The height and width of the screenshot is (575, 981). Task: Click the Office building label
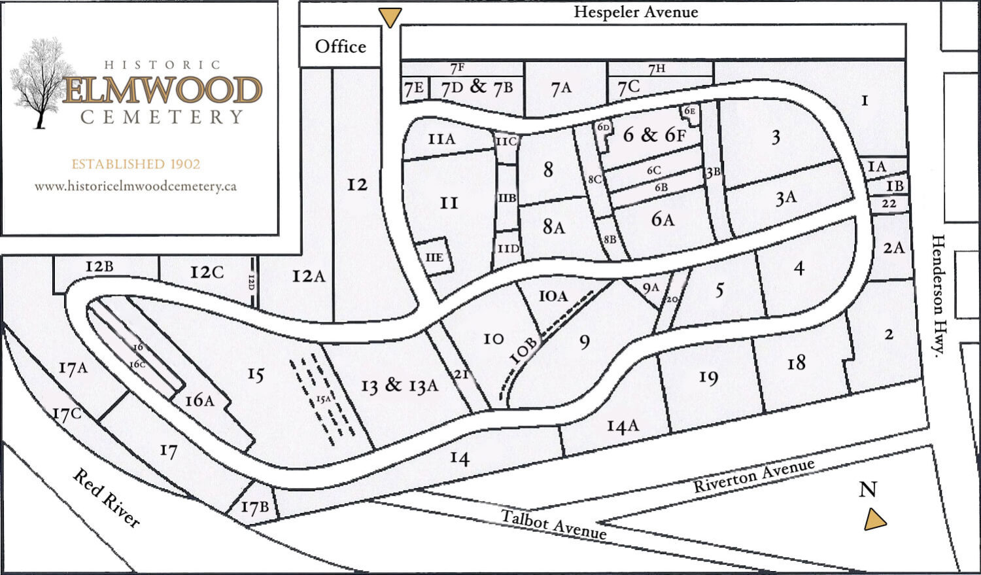pyautogui.click(x=340, y=46)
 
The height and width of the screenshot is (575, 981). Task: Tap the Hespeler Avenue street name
pyautogui.click(x=636, y=12)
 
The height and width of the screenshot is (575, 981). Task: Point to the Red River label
pyautogui.click(x=106, y=498)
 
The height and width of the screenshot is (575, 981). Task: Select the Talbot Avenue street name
pyautogui.click(x=553, y=524)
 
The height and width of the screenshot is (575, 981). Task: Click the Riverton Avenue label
pyautogui.click(x=753, y=476)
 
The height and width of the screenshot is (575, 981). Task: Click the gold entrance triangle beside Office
pyautogui.click(x=390, y=17)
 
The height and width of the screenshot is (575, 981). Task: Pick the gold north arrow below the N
pyautogui.click(x=874, y=520)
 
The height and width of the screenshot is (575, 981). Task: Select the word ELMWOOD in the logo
pyautogui.click(x=163, y=90)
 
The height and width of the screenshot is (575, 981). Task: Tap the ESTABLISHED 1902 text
pyautogui.click(x=135, y=164)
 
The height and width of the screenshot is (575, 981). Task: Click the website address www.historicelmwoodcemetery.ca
pyautogui.click(x=135, y=186)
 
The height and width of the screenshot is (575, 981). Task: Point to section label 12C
pyautogui.click(x=207, y=272)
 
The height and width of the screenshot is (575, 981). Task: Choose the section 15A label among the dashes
pyautogui.click(x=323, y=399)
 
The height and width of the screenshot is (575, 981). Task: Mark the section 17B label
pyautogui.click(x=254, y=507)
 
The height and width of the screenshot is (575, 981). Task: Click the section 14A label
pyautogui.click(x=622, y=427)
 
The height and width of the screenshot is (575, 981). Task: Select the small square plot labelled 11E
pyautogui.click(x=434, y=257)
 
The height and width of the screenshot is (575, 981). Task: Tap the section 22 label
pyautogui.click(x=889, y=203)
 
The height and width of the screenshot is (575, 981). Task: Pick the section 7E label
pyautogui.click(x=413, y=88)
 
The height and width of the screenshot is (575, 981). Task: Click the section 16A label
pyautogui.click(x=199, y=400)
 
